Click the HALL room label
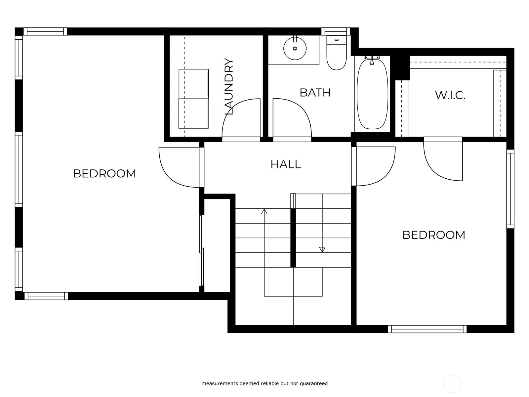coord(286,164)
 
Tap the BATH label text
coord(315,93)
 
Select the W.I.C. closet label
coord(450,96)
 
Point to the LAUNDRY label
coord(229,86)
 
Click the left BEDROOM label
coord(104,174)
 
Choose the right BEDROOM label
coord(433,235)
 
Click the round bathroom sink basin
coord(295,48)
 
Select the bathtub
coord(372,94)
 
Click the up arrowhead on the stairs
coord(264,211)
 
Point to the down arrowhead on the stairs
coord(322,250)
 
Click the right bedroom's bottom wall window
coord(427,329)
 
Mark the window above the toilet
coord(336,31)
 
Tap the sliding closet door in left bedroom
coord(201,250)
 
